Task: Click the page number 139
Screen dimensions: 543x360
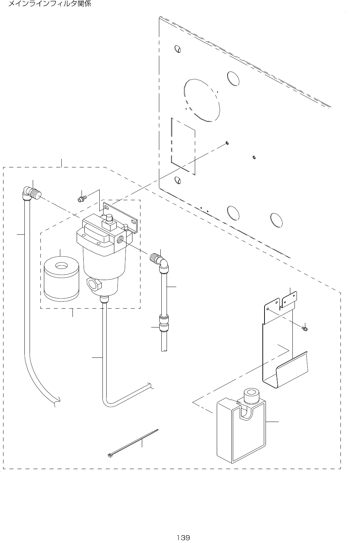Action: pos(183,537)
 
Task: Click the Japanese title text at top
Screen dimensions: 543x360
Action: pos(49,5)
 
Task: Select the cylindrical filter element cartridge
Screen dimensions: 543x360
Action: pos(62,279)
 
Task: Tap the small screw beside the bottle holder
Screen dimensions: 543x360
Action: pos(305,328)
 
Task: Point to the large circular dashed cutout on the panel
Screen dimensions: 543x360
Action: pos(202,100)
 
